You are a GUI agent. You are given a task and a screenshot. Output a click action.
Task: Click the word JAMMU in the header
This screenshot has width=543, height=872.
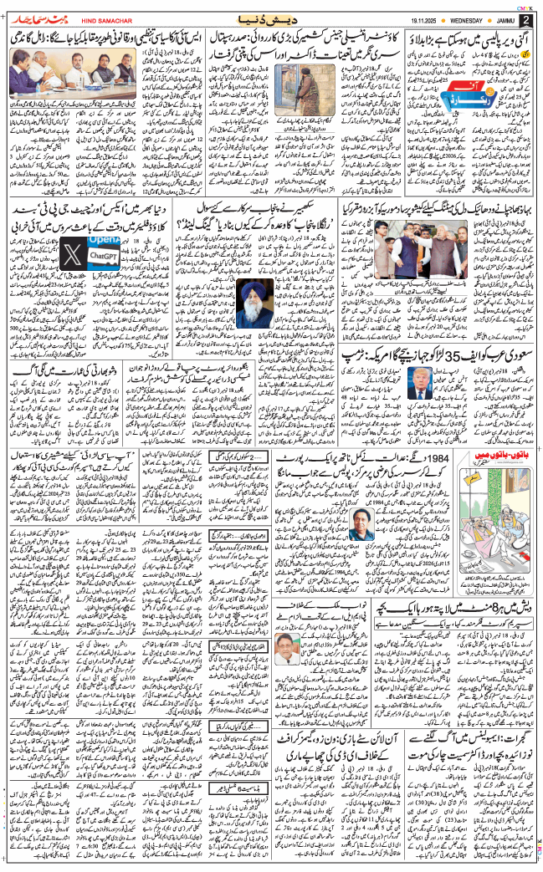coord(489,16)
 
